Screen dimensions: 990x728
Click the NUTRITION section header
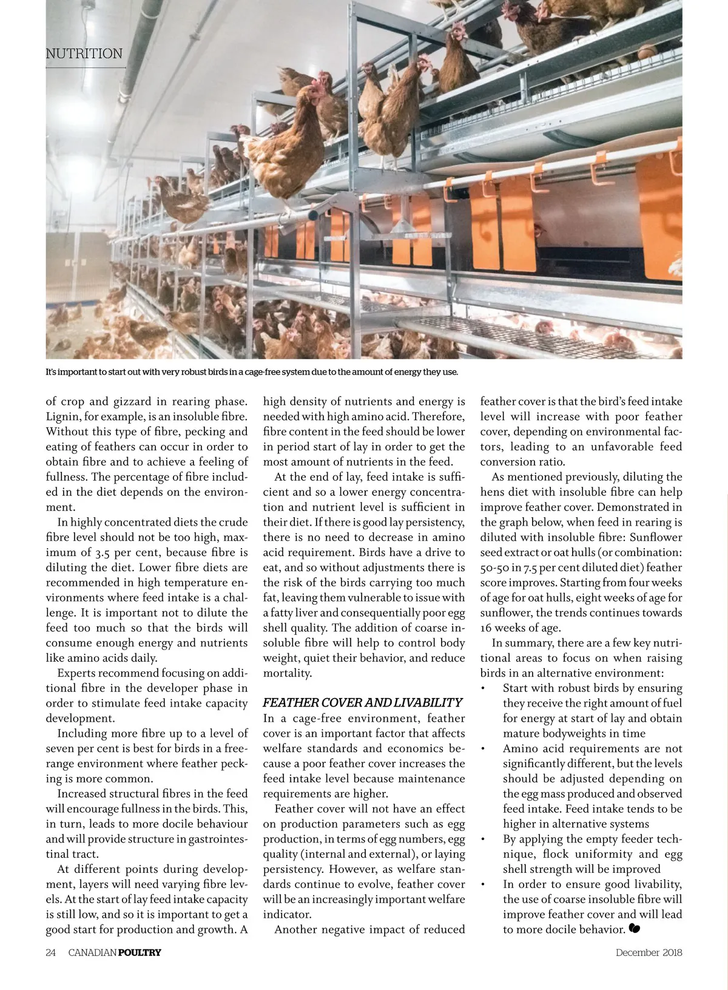[84, 53]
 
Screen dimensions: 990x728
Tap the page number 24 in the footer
[50, 952]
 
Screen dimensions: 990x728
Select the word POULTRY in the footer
[140, 952]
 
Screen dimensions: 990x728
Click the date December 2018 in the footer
[649, 952]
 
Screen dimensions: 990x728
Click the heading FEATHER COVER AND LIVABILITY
[362, 702]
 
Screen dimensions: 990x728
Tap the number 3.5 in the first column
[102, 552]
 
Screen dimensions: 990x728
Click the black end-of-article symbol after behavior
[635, 929]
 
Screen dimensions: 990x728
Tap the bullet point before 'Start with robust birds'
[483, 688]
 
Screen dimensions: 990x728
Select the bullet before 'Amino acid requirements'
[483, 749]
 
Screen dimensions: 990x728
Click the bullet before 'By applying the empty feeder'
[483, 839]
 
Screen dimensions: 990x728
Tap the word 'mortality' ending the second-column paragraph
[287, 673]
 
